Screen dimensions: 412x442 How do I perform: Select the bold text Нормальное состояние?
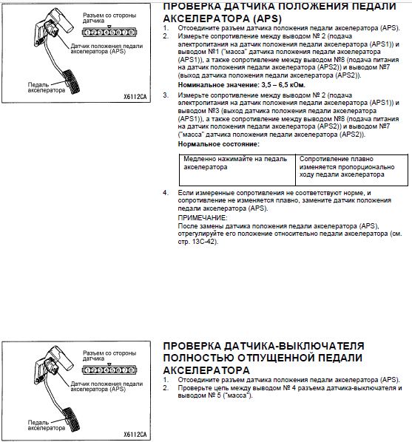coord(218,144)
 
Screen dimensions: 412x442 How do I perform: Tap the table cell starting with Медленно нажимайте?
coord(237,170)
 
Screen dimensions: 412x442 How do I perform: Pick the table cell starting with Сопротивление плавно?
coord(351,170)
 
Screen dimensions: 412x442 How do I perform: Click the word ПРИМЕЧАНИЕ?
coord(203,218)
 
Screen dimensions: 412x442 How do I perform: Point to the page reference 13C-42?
coord(204,242)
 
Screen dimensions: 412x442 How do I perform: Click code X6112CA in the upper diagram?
coord(135,97)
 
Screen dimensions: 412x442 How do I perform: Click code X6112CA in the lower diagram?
coord(135,435)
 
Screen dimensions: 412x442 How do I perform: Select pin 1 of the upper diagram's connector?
coord(87,33)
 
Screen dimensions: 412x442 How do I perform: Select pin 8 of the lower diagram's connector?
coord(131,370)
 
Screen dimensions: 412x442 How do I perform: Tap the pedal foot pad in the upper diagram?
coord(72,81)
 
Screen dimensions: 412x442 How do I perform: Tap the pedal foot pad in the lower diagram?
coord(72,419)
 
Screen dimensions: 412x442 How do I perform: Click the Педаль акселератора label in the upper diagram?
coord(47,88)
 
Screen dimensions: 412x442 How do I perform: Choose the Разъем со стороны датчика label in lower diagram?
coord(109,356)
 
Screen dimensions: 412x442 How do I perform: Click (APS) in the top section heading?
coord(267,19)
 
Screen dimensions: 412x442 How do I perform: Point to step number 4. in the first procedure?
coord(166,193)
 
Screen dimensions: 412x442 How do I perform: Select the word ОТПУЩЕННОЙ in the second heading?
coord(276,358)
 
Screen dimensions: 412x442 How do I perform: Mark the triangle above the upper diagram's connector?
coord(109,27)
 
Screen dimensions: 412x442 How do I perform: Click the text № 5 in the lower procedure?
coord(212,395)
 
